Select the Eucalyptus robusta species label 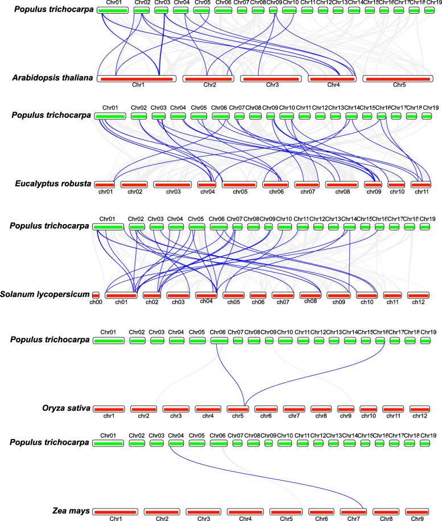53,184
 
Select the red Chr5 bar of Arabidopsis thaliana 396,78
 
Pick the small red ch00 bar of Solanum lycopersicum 96,295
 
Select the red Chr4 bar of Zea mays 246,511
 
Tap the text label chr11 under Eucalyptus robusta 422,192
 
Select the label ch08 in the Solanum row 311,300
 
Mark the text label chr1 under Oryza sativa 109,416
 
